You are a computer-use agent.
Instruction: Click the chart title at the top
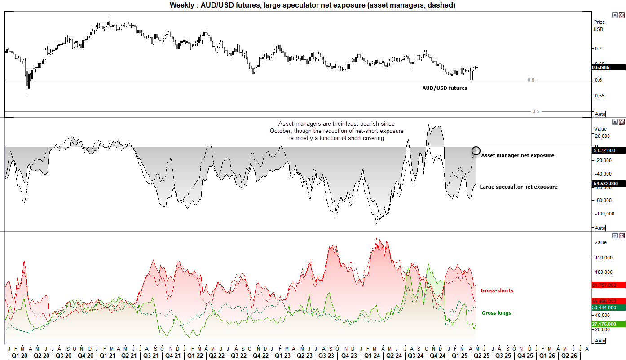pos(313,5)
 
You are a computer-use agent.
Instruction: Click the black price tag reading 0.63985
pos(608,67)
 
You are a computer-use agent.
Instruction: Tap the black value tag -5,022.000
pos(608,150)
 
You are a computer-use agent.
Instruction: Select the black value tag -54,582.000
pos(608,184)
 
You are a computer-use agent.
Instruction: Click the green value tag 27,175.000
pos(608,324)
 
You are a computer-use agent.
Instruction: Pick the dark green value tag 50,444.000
pos(608,307)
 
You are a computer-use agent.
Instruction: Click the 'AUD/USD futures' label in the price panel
pos(445,88)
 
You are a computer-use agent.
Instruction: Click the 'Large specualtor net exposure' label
pos(519,187)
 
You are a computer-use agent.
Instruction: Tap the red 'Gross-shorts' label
pos(497,290)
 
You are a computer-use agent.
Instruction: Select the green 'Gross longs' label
pos(496,313)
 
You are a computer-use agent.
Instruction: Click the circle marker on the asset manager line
pos(476,151)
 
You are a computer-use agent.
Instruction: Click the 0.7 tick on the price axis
pos(598,48)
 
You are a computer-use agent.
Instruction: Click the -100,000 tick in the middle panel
pos(601,214)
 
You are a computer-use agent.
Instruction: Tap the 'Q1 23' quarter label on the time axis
pos(282,356)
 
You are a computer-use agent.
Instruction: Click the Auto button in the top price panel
pos(600,114)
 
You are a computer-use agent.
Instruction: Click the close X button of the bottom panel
pos(622,235)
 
